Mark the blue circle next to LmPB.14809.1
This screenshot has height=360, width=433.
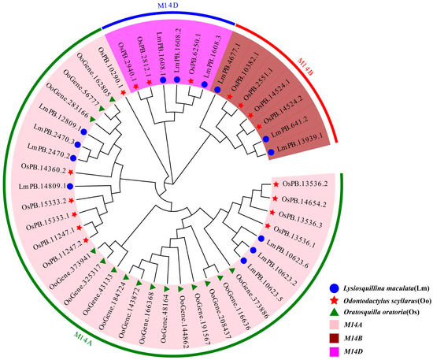[70, 186]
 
